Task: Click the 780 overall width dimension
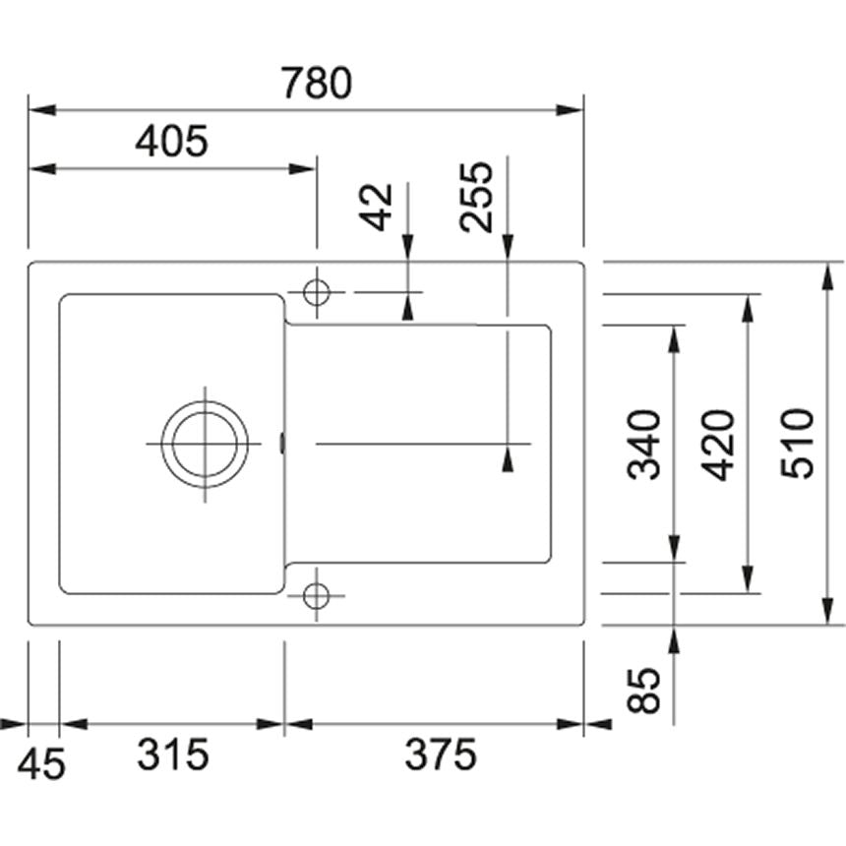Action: coord(316,85)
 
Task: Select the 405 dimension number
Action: coord(172,143)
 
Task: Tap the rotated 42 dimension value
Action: coord(377,207)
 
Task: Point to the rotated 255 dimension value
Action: coord(476,196)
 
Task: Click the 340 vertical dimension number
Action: coord(645,445)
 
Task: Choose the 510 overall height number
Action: coord(798,444)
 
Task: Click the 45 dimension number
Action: coord(42,763)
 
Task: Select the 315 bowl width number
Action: coord(173,755)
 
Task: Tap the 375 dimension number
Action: coord(441,755)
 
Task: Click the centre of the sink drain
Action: coord(206,444)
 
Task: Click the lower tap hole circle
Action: coord(317,594)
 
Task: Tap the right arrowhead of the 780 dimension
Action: coord(572,109)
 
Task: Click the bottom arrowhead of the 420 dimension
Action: coord(748,579)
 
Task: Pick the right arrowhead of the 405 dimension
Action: coord(304,169)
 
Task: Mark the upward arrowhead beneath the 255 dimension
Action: coord(508,458)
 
